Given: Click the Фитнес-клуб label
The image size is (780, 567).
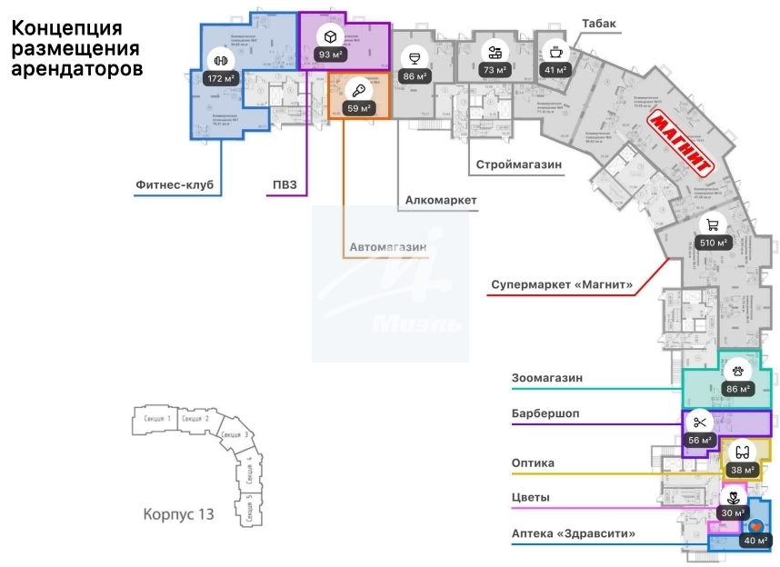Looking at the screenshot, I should click(174, 184).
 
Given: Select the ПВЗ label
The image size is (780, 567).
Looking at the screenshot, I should click(285, 184).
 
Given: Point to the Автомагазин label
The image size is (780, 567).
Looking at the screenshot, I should click(387, 246).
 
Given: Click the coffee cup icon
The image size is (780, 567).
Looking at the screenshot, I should click(554, 49).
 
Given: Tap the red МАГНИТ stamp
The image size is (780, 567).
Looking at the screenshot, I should click(679, 142).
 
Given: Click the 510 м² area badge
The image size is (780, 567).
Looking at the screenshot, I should click(714, 243).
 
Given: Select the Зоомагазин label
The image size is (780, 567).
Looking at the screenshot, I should click(545, 377).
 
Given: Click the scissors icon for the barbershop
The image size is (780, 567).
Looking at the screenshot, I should click(699, 421).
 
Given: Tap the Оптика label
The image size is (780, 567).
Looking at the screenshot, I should click(533, 463).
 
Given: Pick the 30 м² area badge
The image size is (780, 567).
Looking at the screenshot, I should click(730, 512).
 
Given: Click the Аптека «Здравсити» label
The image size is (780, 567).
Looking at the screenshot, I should click(574, 533).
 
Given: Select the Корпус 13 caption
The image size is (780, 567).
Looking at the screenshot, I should click(178, 514).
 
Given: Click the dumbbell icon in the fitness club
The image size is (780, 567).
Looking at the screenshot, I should click(219, 60).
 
